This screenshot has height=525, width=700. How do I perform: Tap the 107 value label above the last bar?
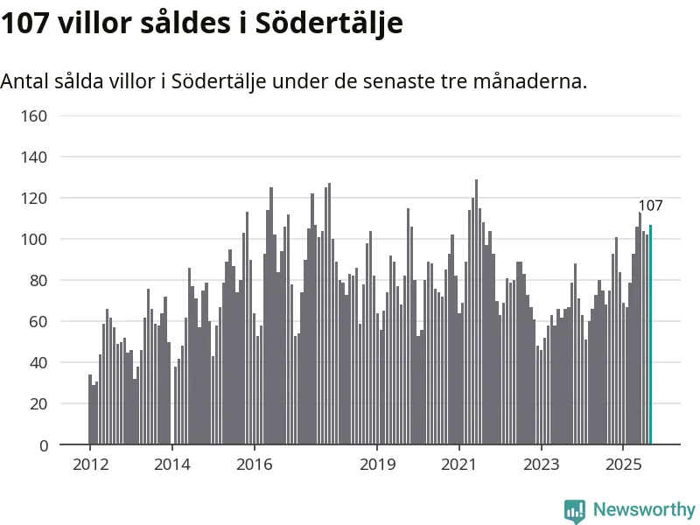pyautogui.click(x=650, y=206)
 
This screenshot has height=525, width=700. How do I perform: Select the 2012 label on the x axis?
pyautogui.click(x=90, y=464)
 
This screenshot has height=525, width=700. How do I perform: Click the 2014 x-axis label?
pyautogui.click(x=172, y=464)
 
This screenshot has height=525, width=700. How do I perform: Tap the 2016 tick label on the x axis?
pyautogui.click(x=254, y=464)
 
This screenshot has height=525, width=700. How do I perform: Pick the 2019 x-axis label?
pyautogui.click(x=377, y=464)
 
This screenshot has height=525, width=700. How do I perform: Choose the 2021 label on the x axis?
pyautogui.click(x=458, y=464)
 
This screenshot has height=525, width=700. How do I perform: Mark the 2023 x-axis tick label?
pyautogui.click(x=541, y=464)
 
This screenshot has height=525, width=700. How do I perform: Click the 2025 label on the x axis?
pyautogui.click(x=623, y=464)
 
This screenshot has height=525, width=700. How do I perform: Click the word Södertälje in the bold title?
pyautogui.click(x=329, y=24)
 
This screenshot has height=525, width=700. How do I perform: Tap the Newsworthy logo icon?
pyautogui.click(x=575, y=510)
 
